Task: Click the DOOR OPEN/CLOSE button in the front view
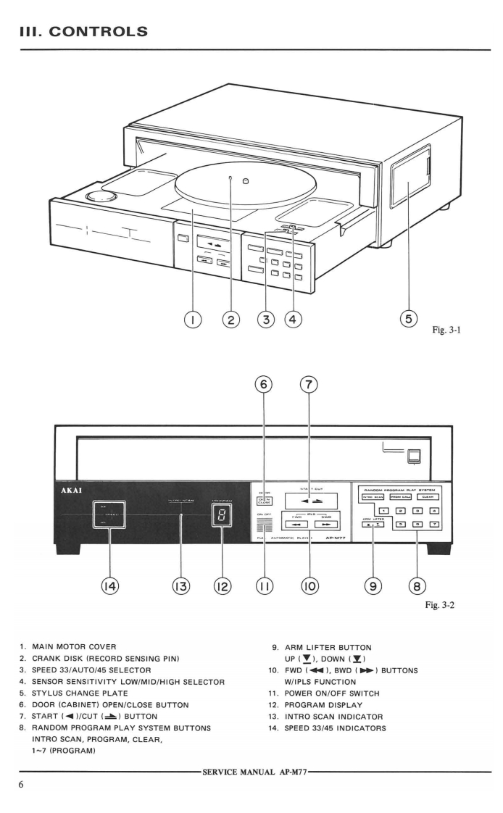pos(264,499)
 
